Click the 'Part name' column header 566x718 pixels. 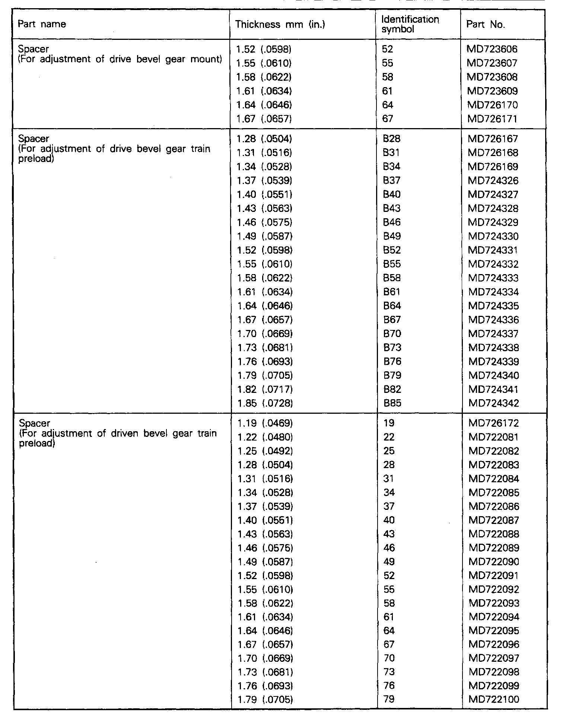pyautogui.click(x=42, y=25)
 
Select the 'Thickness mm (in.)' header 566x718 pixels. pyautogui.click(x=280, y=25)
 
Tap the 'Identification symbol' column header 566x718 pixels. pyautogui.click(x=410, y=25)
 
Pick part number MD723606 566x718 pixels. pyautogui.click(x=492, y=49)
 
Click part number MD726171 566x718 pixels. pyautogui.click(x=492, y=119)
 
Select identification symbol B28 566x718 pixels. pyautogui.click(x=391, y=139)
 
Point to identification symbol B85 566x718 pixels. pyautogui.click(x=392, y=403)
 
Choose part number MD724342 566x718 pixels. pyautogui.click(x=494, y=403)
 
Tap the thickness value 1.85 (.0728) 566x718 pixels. pyautogui.click(x=265, y=403)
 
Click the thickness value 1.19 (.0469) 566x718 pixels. pyautogui.click(x=265, y=423)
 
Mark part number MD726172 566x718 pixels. pyautogui.click(x=494, y=423)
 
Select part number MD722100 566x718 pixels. pyautogui.click(x=494, y=699)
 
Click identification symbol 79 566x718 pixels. pyautogui.click(x=389, y=699)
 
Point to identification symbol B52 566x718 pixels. pyautogui.click(x=392, y=250)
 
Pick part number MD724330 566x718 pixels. pyautogui.click(x=494, y=236)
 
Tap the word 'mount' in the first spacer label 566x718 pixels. pyautogui.click(x=207, y=59)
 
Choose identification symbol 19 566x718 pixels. pyautogui.click(x=388, y=423)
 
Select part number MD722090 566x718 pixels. pyautogui.click(x=494, y=562)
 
